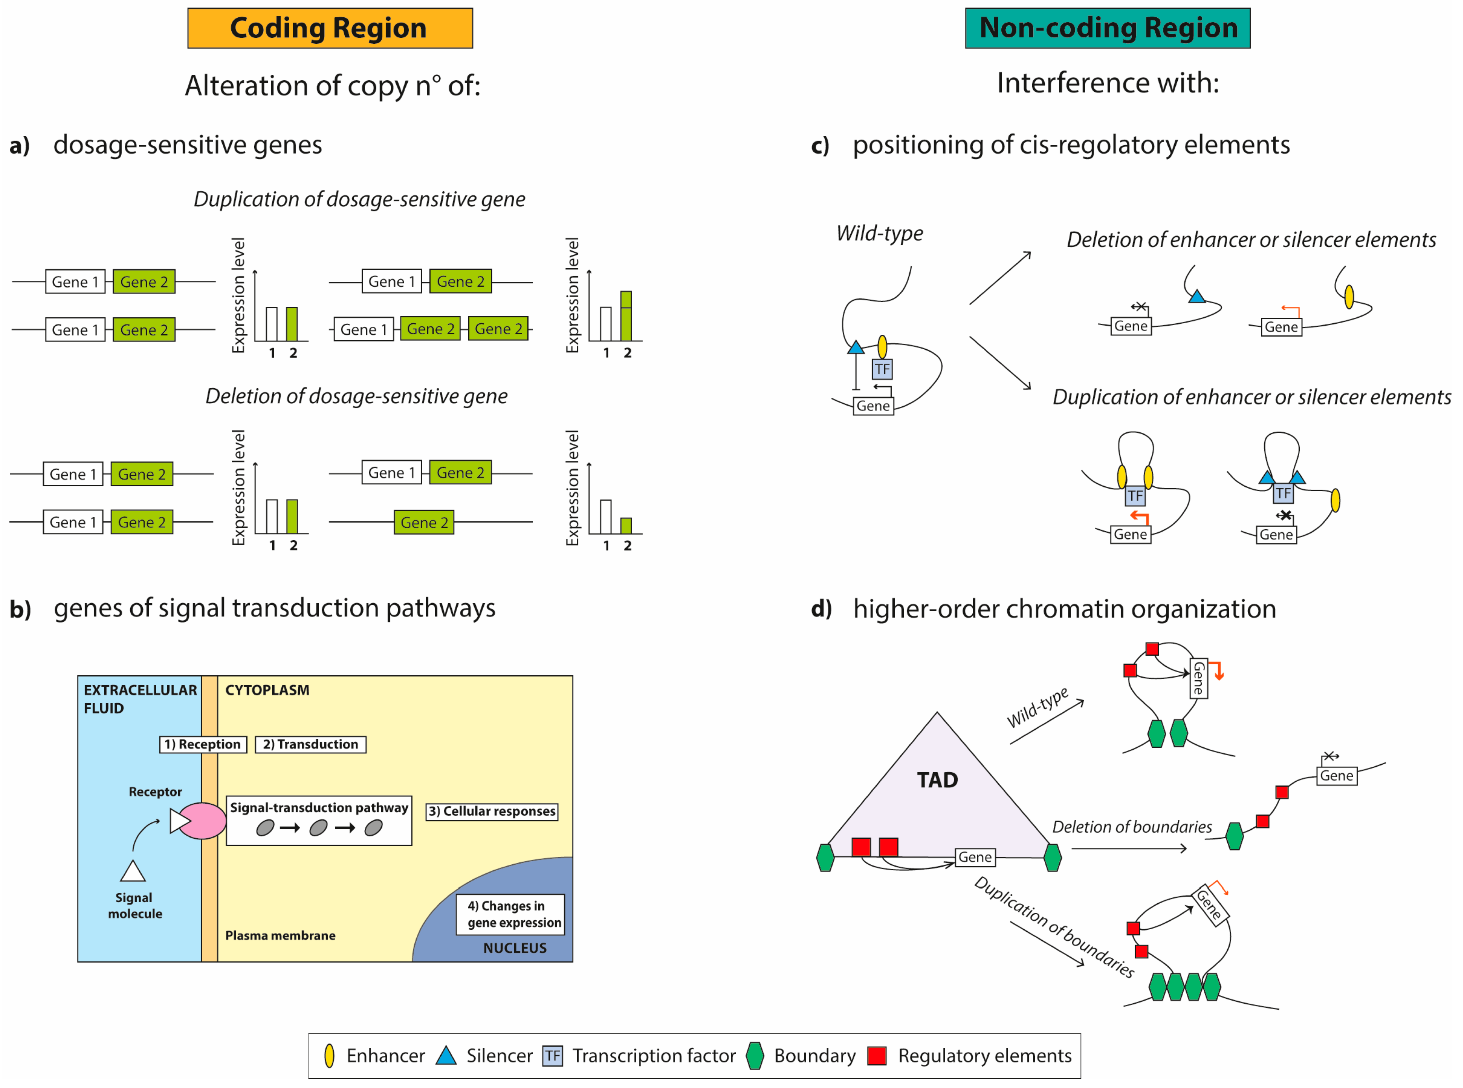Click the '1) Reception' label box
click(203, 744)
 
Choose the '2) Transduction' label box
click(310, 744)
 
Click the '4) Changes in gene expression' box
click(511, 914)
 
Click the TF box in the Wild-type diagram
click(882, 369)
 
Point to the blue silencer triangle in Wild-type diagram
click(855, 347)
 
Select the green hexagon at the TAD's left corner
click(825, 858)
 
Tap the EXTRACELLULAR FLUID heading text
click(140, 699)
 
